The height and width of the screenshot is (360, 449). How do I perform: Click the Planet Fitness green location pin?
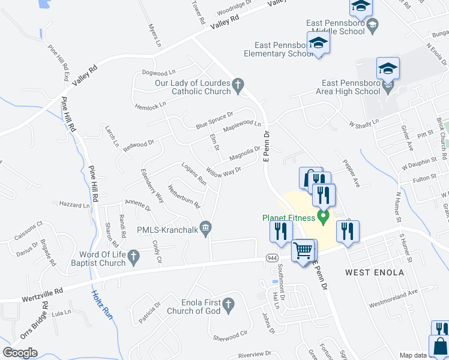point(324,217)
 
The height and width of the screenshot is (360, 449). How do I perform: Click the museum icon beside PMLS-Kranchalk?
point(205,227)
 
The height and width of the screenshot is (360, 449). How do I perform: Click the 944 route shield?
point(272,257)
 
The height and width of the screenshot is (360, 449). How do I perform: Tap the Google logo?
point(20,353)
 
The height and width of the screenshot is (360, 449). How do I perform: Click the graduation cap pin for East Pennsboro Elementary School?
point(318,43)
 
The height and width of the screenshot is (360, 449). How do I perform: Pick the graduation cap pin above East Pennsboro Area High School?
point(388,68)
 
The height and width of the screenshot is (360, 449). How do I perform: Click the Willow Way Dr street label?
point(223,172)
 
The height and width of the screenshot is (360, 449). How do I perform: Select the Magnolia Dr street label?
point(246,154)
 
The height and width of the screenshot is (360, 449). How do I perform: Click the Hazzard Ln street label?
point(74,205)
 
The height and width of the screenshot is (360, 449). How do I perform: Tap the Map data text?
point(414,355)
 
